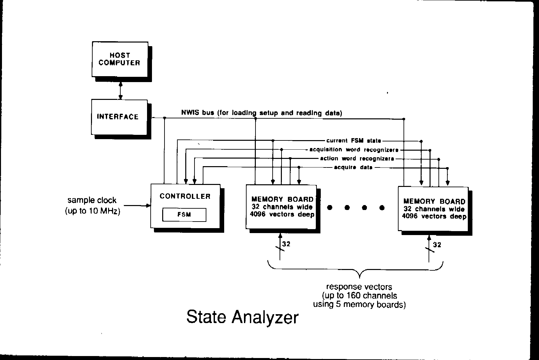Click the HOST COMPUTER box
[x=120, y=59]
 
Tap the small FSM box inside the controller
[x=184, y=215]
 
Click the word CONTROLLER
[x=185, y=196]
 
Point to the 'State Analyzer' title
[x=242, y=317]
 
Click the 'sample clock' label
[x=92, y=200]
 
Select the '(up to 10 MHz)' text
[x=92, y=211]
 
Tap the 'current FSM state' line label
[x=354, y=141]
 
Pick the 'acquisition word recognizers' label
[x=354, y=150]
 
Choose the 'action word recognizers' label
[x=357, y=159]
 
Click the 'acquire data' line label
[x=353, y=167]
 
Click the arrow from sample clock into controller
[x=137, y=206]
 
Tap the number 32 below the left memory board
[x=286, y=244]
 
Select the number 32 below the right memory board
[x=437, y=245]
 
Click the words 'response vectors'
[x=359, y=287]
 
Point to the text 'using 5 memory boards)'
[x=359, y=304]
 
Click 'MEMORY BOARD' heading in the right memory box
[x=434, y=201]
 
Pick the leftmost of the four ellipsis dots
[x=330, y=208]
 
